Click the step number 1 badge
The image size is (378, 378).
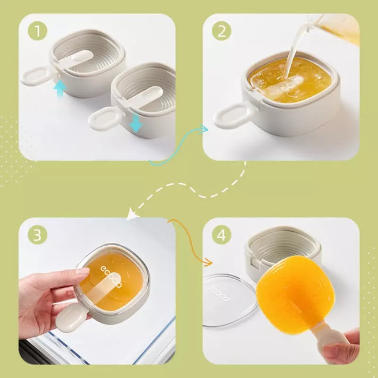point(37,31)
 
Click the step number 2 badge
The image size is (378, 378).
point(221,31)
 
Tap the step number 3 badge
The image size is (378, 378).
point(37,234)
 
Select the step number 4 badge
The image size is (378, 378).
point(221,234)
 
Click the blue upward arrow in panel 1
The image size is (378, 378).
point(60,88)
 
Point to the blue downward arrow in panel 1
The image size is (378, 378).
point(136,123)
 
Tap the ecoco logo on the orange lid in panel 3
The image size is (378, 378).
point(112,276)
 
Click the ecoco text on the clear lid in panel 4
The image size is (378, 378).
point(219,293)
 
